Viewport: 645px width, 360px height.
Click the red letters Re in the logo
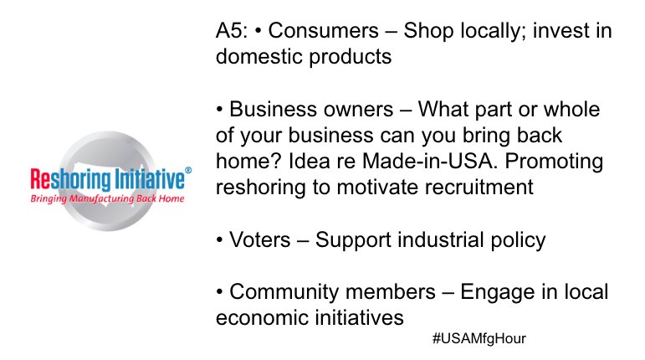click(39, 179)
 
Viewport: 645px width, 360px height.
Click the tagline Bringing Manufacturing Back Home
click(107, 199)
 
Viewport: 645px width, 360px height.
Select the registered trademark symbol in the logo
click(188, 171)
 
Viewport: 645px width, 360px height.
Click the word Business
click(277, 110)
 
